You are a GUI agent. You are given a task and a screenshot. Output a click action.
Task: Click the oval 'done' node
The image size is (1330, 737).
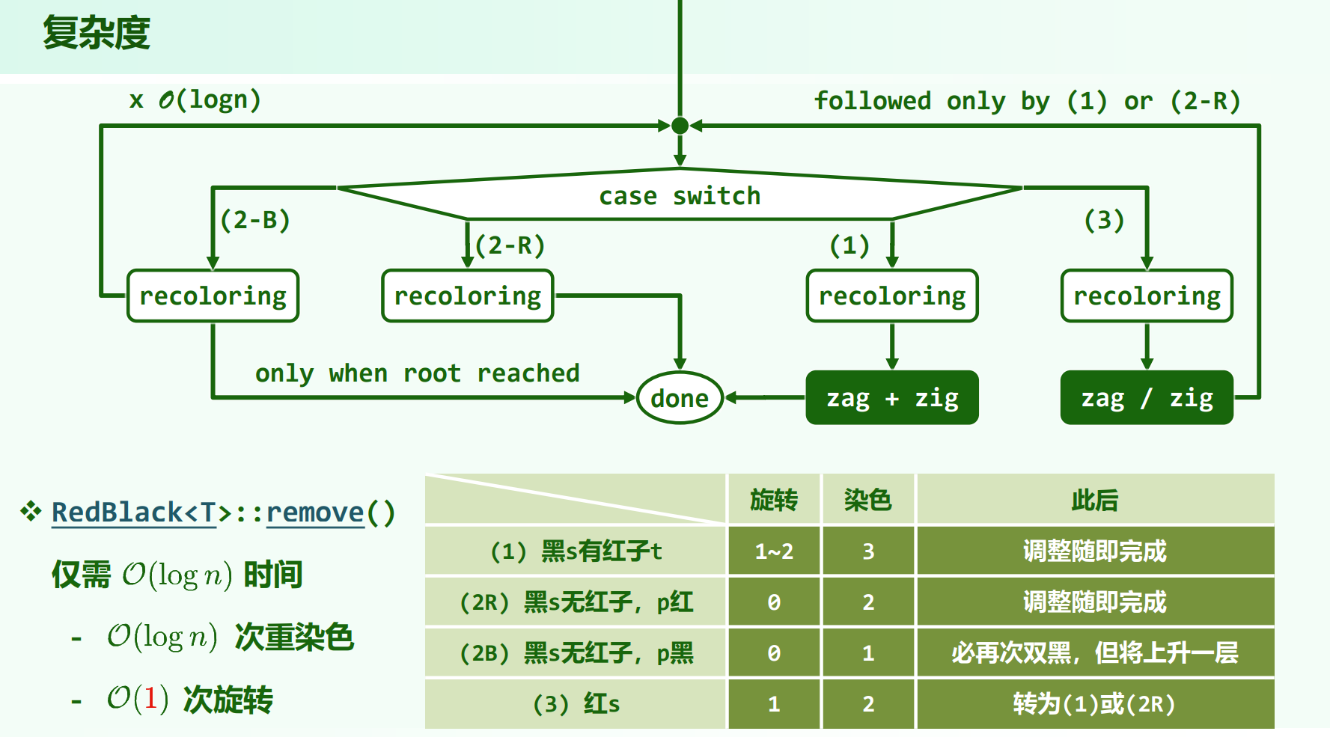pos(680,398)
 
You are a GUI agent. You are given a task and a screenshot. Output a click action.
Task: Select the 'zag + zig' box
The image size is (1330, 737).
pos(892,398)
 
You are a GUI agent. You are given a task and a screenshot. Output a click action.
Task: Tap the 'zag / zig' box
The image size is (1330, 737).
pos(1147,398)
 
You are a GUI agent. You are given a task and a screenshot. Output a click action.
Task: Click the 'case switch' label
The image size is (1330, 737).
pos(680,196)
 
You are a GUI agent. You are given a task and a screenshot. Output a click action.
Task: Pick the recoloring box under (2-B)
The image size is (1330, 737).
pos(213,296)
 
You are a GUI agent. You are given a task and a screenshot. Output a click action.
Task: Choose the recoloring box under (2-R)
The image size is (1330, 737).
pos(468,296)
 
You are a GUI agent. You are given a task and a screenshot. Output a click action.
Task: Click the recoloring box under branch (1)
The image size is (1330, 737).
pos(892,296)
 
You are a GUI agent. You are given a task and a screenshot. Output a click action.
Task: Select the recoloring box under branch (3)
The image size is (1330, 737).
pos(1147,296)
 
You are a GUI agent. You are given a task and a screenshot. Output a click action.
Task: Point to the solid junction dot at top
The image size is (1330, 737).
pos(680,126)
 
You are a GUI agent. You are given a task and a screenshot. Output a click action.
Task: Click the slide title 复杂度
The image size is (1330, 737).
pos(97,34)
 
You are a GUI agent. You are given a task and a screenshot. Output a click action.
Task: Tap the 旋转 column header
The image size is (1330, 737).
pos(774,500)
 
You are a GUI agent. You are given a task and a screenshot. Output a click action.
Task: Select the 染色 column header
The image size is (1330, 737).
pos(868,500)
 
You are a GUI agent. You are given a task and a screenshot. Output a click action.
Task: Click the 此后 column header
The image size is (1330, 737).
pos(1095,500)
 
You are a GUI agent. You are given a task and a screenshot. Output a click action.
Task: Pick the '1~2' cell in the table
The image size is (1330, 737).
pos(774,551)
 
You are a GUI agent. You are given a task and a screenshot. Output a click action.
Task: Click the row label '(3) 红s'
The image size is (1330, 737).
pos(576,704)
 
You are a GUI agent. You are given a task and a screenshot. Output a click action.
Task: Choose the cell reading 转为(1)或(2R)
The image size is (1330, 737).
pos(1095,704)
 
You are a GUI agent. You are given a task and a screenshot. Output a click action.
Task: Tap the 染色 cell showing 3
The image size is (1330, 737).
pos(868,551)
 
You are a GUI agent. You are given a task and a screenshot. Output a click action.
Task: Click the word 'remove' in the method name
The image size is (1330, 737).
pos(315,513)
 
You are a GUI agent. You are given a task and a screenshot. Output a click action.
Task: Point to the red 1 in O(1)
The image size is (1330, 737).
pos(150,699)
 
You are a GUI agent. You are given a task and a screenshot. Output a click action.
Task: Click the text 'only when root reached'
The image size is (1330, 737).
pos(417,373)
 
